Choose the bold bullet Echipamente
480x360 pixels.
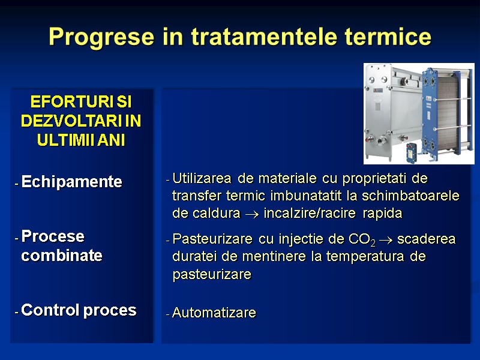coord(71,182)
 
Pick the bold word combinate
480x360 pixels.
coord(61,256)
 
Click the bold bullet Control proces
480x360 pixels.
coord(79,310)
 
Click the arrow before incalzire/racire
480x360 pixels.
coord(254,214)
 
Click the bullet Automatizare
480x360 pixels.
coord(214,313)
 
